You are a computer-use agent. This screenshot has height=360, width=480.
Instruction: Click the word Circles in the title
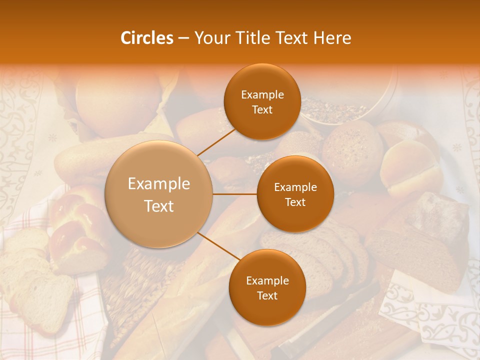click(146, 38)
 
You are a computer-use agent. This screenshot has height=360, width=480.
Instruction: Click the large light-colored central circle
click(159, 194)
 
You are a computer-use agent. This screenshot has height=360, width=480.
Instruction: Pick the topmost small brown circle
click(262, 101)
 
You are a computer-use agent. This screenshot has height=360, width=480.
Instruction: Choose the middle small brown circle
click(295, 194)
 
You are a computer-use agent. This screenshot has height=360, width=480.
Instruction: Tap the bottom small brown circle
click(267, 287)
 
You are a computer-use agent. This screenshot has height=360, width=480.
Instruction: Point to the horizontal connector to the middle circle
click(234, 194)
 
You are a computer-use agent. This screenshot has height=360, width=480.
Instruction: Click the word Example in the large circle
click(159, 184)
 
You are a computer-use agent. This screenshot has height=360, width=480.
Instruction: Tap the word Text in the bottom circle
click(267, 295)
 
